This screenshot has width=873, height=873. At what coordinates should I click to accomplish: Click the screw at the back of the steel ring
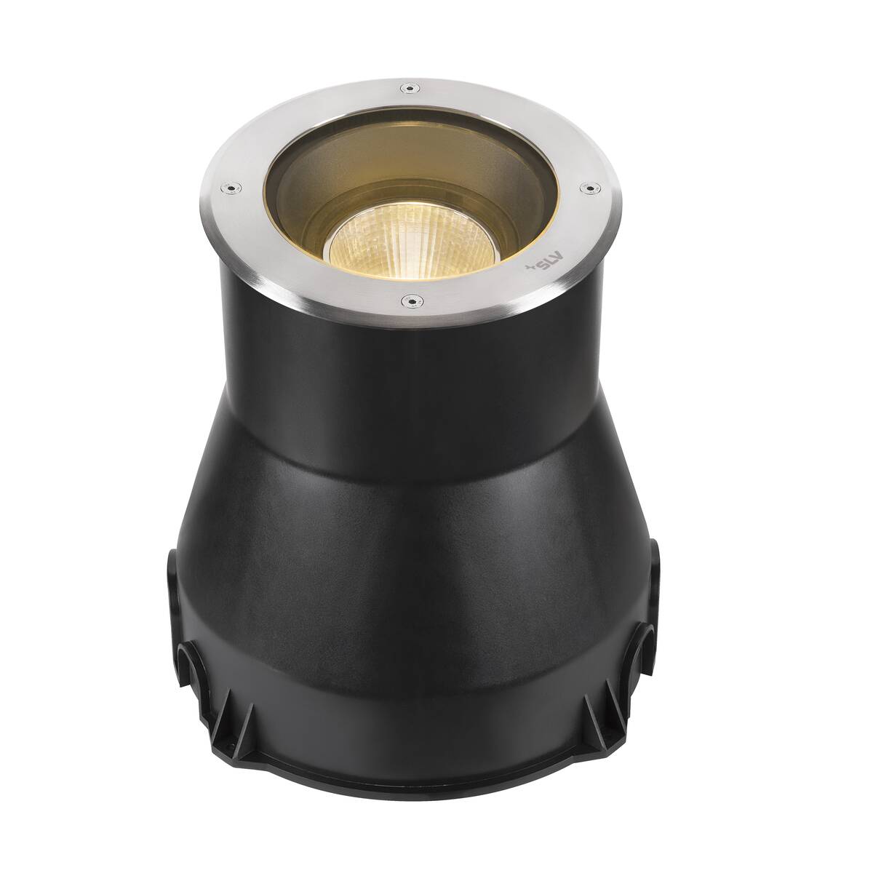[410, 88]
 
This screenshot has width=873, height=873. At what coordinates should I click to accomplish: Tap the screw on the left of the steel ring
[231, 188]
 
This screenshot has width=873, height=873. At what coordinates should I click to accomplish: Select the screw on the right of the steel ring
[590, 187]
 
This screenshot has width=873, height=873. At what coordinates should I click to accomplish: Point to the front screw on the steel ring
[411, 300]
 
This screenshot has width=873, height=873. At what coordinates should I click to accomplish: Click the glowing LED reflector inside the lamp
[411, 247]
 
